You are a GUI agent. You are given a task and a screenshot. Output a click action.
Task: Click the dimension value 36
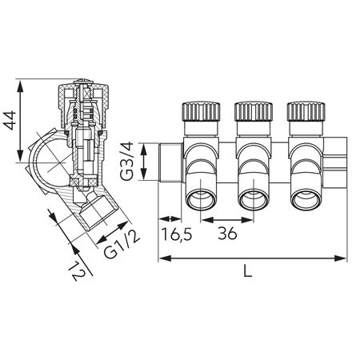pos(228,234)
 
